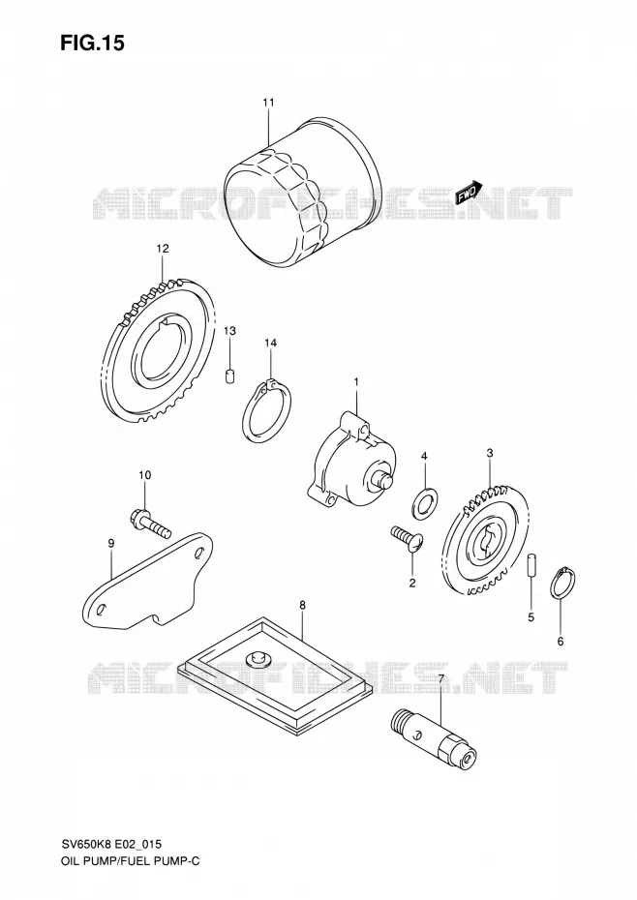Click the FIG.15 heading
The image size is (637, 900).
click(92, 43)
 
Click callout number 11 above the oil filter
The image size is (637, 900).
click(268, 103)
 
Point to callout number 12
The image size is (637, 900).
click(162, 249)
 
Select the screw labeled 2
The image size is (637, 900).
click(408, 540)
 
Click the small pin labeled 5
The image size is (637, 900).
click(531, 563)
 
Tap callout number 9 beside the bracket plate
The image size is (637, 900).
click(111, 543)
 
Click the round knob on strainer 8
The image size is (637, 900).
click(255, 658)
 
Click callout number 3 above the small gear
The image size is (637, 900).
click(490, 453)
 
